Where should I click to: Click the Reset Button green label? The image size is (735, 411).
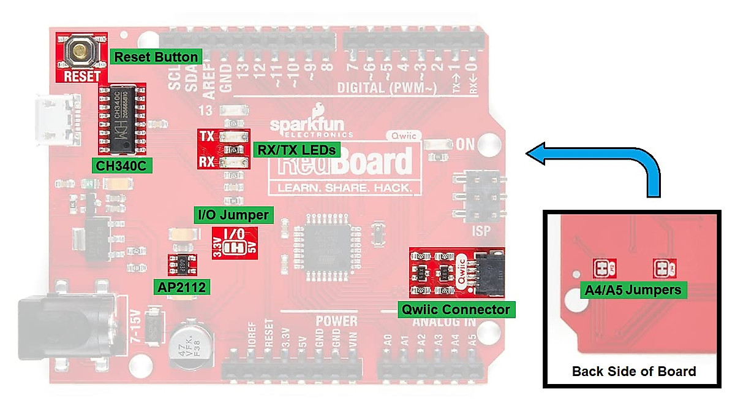tap(156, 57)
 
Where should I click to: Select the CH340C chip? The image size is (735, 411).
tap(123, 118)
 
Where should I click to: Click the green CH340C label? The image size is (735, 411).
tap(121, 165)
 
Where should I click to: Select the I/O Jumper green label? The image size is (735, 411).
tap(233, 215)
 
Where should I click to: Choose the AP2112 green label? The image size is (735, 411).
tap(183, 286)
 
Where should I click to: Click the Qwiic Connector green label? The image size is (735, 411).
tap(456, 309)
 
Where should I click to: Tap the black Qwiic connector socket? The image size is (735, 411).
tap(489, 271)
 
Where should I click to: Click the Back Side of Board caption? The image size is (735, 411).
tap(633, 371)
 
